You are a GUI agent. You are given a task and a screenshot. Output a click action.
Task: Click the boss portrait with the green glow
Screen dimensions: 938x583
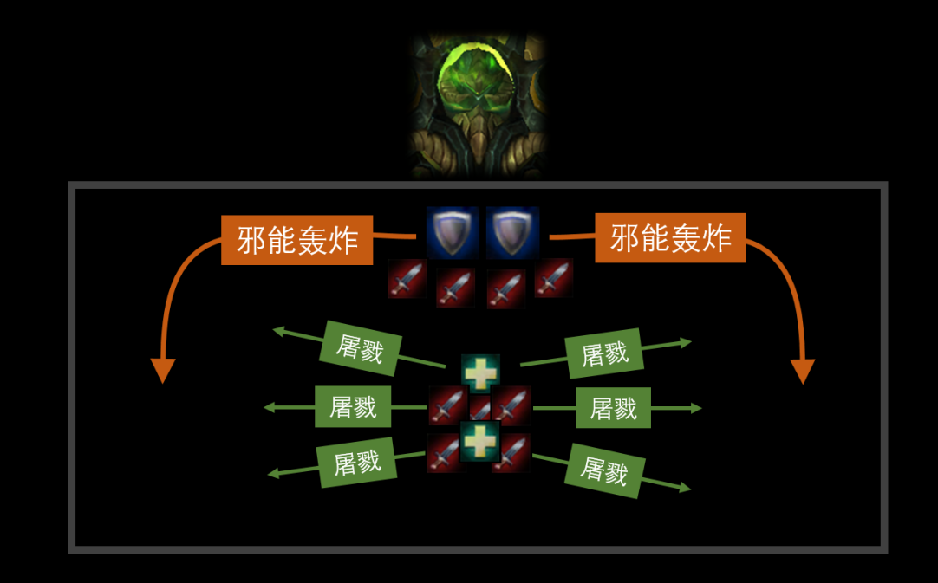click(478, 104)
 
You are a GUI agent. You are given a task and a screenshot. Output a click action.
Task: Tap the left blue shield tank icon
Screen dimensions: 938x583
click(453, 232)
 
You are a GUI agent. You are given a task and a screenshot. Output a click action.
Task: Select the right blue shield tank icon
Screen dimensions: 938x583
click(511, 232)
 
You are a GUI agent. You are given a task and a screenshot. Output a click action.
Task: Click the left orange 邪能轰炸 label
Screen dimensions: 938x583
click(296, 240)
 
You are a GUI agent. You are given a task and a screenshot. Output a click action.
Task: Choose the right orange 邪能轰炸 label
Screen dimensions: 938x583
click(670, 237)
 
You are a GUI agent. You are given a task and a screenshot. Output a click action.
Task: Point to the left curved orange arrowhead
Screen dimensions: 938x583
click(162, 371)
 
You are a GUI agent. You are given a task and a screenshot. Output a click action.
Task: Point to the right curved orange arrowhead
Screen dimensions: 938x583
click(803, 372)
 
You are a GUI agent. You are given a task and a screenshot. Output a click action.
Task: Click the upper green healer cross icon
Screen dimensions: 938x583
click(479, 373)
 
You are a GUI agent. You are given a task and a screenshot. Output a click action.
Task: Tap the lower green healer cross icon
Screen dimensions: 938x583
click(479, 441)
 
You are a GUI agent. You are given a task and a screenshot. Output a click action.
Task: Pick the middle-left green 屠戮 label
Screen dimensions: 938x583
click(353, 407)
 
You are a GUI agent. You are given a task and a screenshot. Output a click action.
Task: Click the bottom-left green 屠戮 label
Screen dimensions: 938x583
click(357, 463)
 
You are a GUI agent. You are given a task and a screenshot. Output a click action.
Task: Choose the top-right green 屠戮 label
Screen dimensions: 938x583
click(604, 353)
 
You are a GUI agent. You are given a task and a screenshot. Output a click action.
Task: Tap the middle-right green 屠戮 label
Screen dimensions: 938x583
click(613, 408)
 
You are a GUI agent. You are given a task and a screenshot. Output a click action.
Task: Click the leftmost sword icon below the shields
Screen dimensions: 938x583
click(407, 278)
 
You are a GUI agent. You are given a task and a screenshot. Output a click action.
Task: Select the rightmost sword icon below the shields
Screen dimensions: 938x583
click(553, 278)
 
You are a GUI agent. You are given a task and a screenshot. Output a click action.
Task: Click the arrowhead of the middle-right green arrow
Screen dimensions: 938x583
click(695, 408)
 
